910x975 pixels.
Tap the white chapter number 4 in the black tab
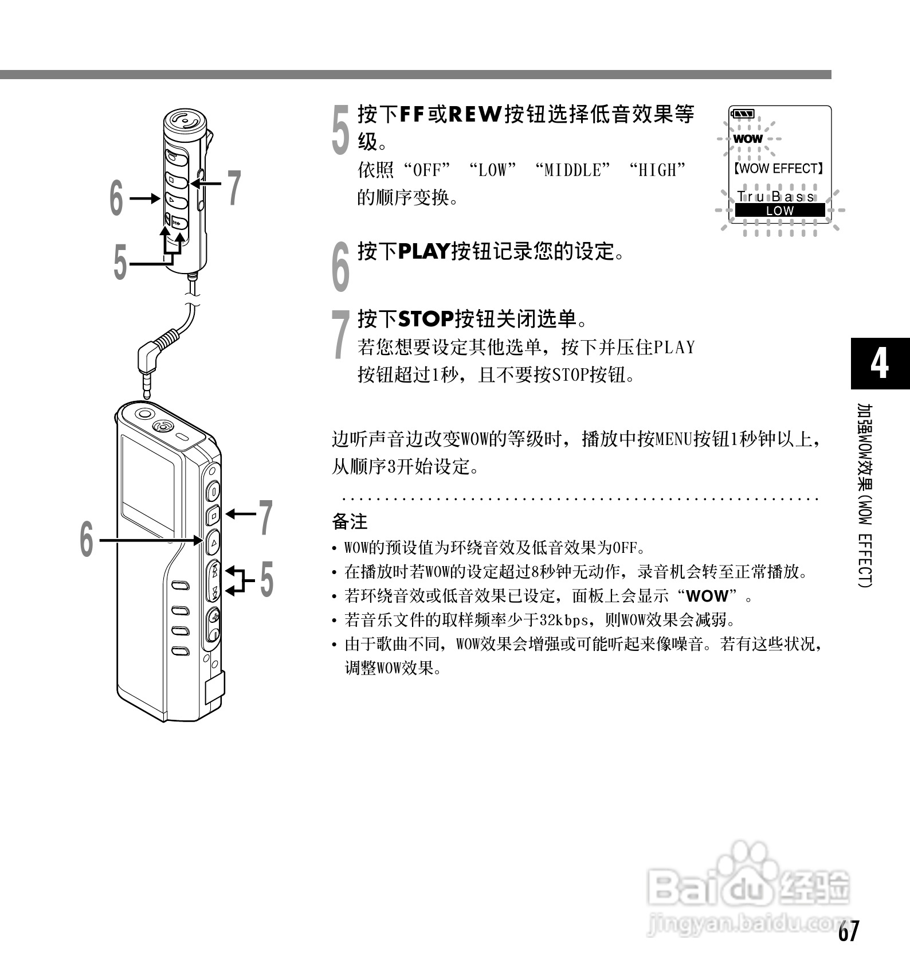(880, 363)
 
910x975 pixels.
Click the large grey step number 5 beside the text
(341, 130)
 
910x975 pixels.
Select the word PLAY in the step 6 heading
(423, 251)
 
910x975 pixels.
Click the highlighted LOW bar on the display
(779, 210)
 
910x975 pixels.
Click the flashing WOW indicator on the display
(748, 139)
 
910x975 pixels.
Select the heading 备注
(350, 522)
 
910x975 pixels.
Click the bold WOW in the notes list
(707, 596)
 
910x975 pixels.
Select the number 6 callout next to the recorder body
(86, 539)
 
